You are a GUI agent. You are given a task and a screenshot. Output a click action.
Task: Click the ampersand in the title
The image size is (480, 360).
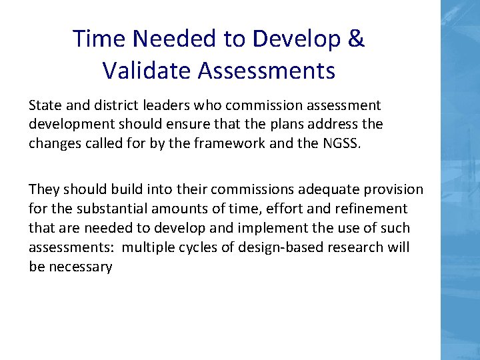coord(356,39)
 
